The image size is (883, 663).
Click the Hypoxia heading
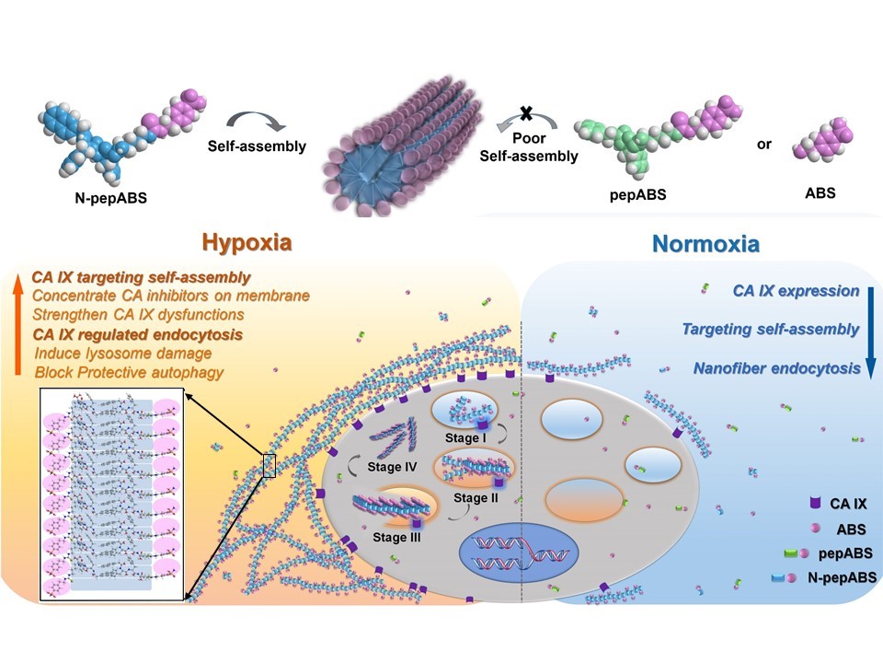pos(247,243)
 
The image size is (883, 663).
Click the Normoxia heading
pos(706,244)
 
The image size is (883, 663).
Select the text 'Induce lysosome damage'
pos(123,353)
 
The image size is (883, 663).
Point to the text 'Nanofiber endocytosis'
pos(777,368)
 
